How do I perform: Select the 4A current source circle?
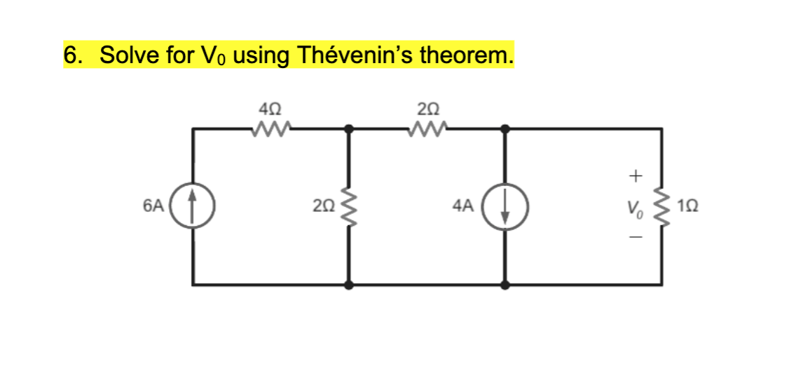coord(505,206)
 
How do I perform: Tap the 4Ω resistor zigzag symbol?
coord(270,128)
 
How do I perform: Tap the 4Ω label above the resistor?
coord(270,109)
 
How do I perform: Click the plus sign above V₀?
coord(635,173)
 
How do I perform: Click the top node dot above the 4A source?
coord(505,129)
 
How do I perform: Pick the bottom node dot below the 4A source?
coord(505,285)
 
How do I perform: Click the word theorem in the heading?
coord(465,55)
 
